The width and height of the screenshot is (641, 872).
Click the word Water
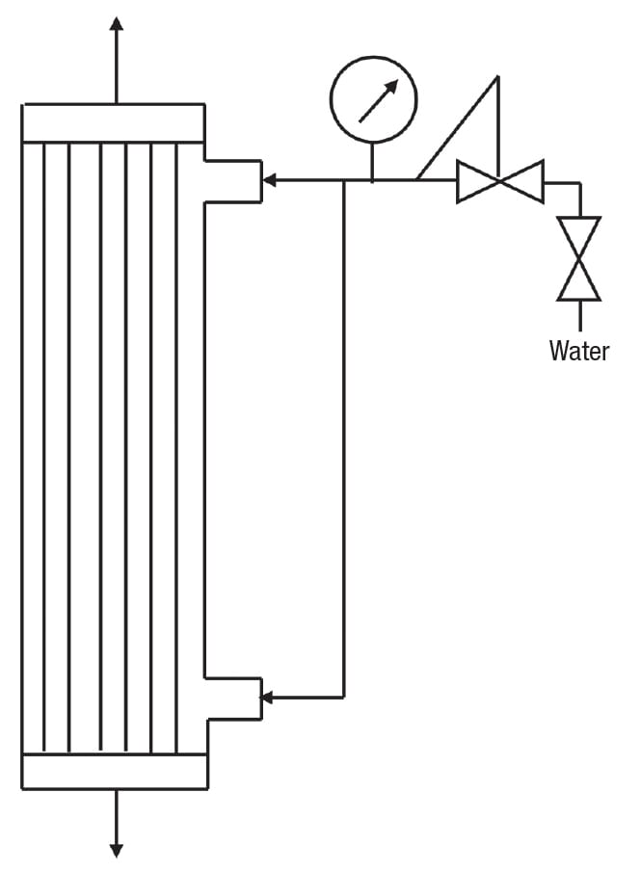(x=579, y=350)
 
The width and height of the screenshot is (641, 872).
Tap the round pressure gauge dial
(x=373, y=100)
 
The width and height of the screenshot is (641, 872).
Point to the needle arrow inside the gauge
(x=378, y=100)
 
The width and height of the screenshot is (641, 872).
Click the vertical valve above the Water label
(x=579, y=258)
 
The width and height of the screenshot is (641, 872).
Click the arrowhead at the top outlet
(x=116, y=25)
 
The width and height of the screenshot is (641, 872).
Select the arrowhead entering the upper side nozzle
(x=271, y=179)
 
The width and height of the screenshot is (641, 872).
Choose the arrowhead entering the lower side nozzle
(x=271, y=697)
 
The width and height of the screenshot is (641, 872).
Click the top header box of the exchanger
(x=113, y=122)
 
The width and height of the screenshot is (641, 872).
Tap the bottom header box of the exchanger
(x=114, y=771)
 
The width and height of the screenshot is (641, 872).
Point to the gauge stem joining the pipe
(x=372, y=162)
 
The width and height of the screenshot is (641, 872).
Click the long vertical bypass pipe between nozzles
(x=344, y=434)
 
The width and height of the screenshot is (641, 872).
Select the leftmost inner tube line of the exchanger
(x=42, y=447)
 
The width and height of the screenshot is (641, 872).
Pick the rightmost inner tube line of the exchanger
(x=176, y=447)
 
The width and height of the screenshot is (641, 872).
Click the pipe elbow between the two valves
(x=578, y=183)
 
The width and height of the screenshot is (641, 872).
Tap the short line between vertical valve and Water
(x=579, y=316)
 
